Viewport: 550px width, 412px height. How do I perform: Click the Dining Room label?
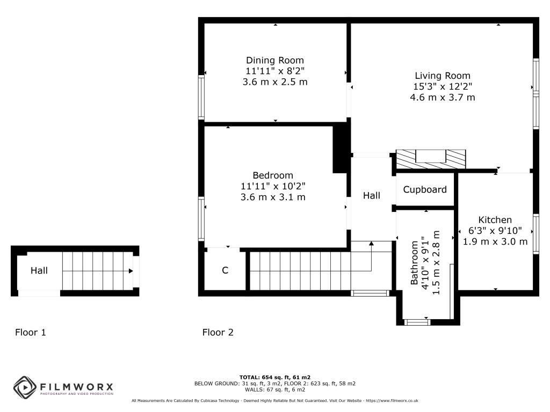[x=275, y=60]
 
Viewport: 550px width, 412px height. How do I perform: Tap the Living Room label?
[x=443, y=76]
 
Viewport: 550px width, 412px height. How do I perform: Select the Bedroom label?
[x=273, y=175]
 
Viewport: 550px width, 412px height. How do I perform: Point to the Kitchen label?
[x=495, y=219]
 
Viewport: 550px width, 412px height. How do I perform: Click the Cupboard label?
[x=425, y=189]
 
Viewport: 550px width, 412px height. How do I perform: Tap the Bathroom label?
[x=414, y=262]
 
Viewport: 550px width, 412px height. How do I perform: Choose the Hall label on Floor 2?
[x=372, y=195]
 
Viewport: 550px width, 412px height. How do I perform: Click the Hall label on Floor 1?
[x=39, y=270]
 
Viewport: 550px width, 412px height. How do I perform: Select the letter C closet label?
[x=225, y=270]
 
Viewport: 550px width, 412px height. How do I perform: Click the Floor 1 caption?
[x=31, y=332]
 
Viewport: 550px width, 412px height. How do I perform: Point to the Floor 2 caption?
[x=218, y=332]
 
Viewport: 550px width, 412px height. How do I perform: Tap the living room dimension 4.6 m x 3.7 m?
[x=443, y=98]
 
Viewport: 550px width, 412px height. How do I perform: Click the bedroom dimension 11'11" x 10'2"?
[x=273, y=186]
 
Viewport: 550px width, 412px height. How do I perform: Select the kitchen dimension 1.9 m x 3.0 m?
[x=495, y=241]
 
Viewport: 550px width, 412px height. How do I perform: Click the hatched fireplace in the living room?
[x=431, y=159]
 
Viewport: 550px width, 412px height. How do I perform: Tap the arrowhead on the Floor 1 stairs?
[x=131, y=271]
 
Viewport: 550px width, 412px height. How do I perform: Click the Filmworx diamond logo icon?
[x=25, y=387]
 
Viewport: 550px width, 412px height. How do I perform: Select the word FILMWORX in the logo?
[x=76, y=387]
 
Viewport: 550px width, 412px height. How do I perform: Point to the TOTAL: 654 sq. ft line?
[x=275, y=377]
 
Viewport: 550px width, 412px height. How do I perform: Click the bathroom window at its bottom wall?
[x=417, y=322]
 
